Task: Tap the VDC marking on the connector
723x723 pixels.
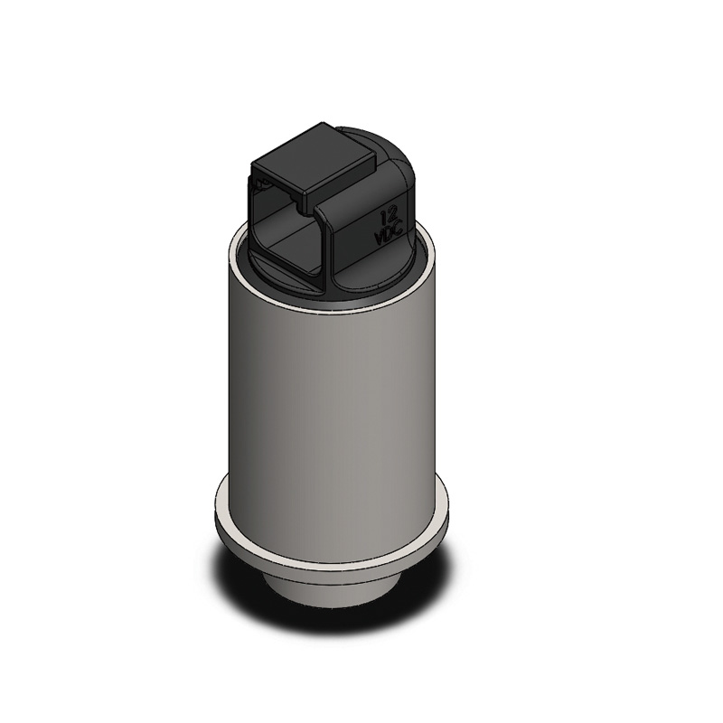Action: point(390,235)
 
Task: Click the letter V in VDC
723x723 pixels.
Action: point(380,239)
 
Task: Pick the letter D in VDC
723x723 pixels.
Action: point(390,234)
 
